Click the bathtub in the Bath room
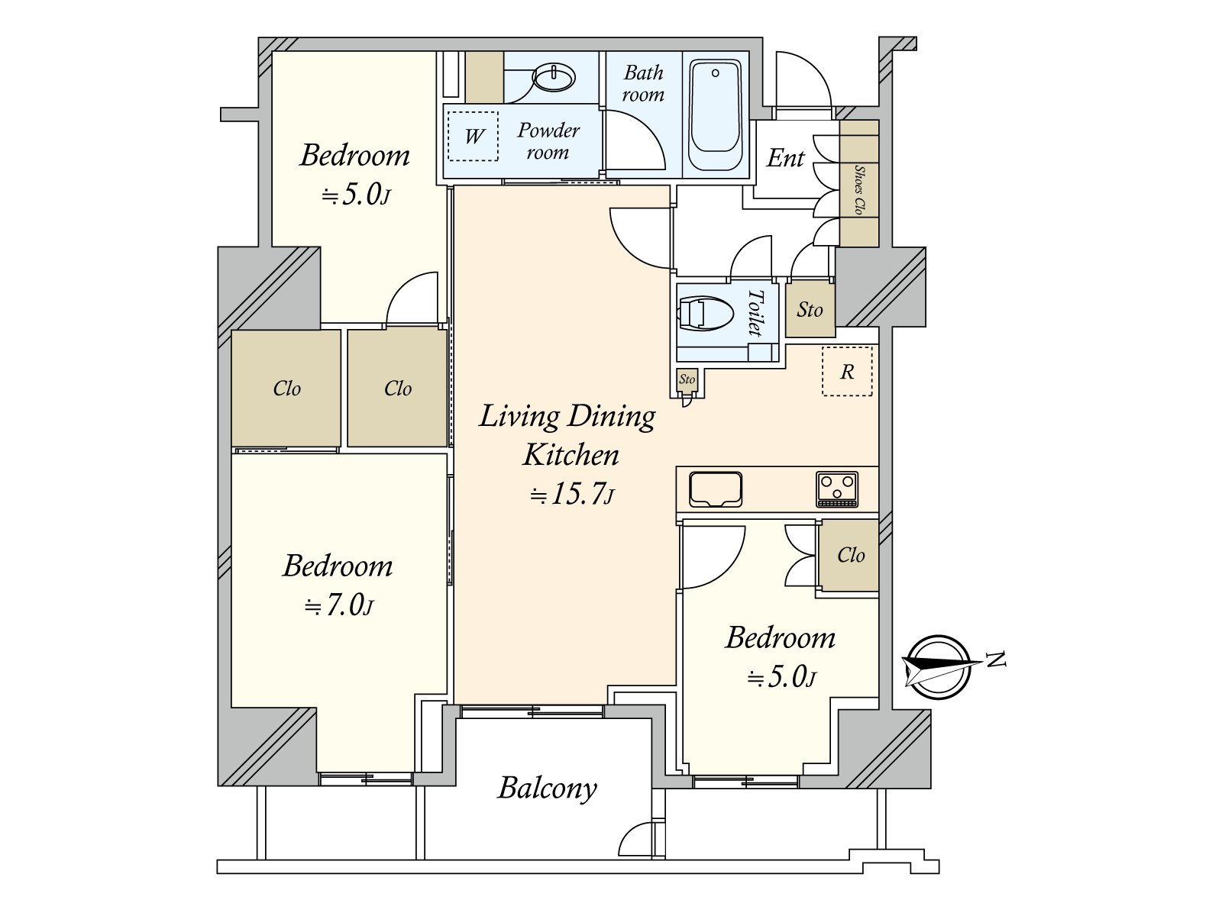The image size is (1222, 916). point(716,115)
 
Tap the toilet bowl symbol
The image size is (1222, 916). point(706,314)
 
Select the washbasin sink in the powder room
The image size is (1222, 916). point(554,77)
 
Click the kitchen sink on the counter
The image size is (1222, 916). point(716,489)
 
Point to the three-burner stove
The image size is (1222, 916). point(837,489)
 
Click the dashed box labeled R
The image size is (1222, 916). point(847,372)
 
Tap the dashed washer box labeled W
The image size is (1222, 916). point(474,137)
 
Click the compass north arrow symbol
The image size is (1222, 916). point(941,667)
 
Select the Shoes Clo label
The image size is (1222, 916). point(859,189)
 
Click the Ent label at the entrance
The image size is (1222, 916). point(785,159)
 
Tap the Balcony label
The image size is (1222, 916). point(548,789)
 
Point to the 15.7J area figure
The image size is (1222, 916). point(572,494)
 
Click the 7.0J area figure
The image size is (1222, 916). point(339,605)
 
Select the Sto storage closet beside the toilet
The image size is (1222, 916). point(810,310)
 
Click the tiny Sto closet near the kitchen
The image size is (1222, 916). point(687,380)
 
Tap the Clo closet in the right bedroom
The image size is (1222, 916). point(849,555)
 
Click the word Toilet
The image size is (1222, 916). point(755,312)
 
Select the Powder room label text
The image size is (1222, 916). point(548,141)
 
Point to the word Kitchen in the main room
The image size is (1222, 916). point(571,455)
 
